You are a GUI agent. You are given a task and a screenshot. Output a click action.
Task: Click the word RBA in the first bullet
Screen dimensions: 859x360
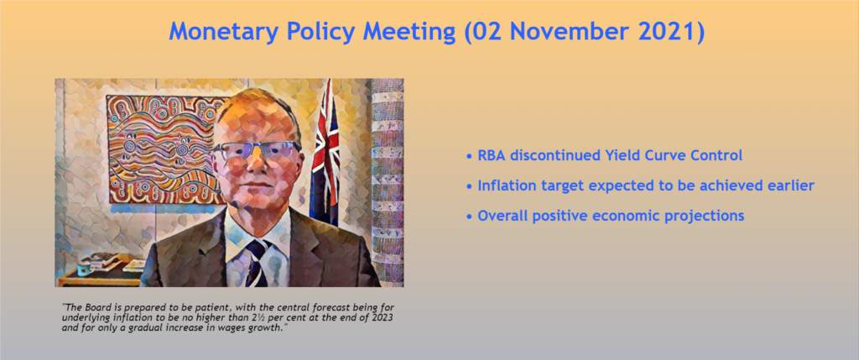pyautogui.click(x=492, y=155)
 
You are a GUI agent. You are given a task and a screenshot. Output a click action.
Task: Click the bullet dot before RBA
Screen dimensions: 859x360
pyautogui.click(x=469, y=157)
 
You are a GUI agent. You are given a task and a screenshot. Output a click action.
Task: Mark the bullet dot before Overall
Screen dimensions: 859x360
pyautogui.click(x=469, y=217)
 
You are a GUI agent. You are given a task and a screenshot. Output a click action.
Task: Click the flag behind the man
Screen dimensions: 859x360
pyautogui.click(x=325, y=152)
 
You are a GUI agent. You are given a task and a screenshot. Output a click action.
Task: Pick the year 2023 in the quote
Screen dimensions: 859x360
pyautogui.click(x=381, y=317)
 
